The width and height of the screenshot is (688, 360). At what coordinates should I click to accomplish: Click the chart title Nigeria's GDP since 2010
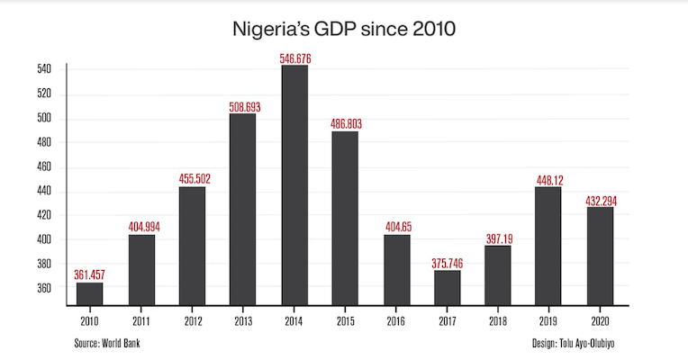pos(343,29)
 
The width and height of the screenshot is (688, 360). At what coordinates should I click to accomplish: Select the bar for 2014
pos(294,184)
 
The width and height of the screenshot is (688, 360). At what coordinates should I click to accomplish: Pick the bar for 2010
pos(89,294)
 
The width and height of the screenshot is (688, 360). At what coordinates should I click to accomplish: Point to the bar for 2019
pos(548,246)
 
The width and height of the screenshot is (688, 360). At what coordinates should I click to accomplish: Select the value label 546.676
pos(294,58)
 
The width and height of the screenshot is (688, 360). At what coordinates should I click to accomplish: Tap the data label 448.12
pos(548,179)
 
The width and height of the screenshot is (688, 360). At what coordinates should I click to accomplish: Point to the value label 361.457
pos(89,274)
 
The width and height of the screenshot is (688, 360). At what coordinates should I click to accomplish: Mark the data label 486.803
pos(345,124)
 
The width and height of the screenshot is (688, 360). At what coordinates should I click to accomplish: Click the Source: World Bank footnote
pos(108,343)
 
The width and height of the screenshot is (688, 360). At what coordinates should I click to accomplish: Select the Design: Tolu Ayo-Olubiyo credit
pos(576,343)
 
